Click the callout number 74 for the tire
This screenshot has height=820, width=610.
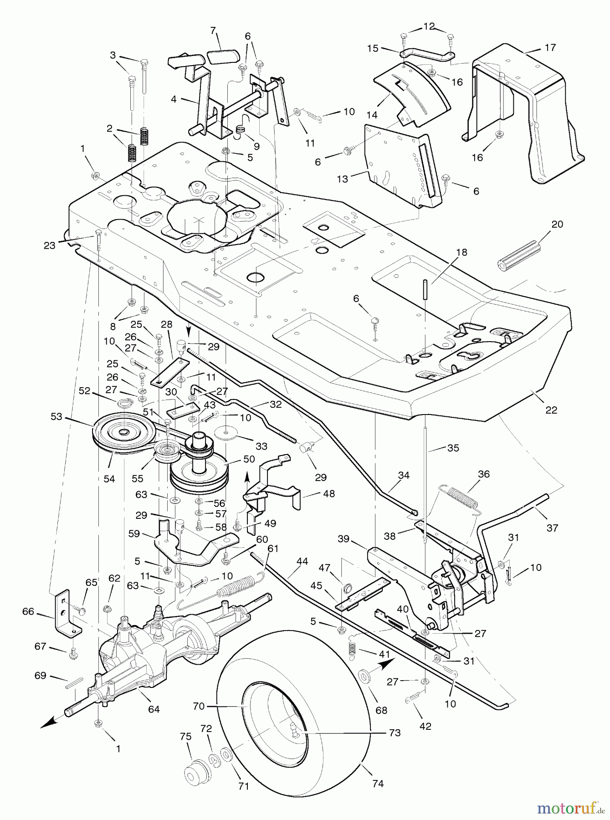point(378,784)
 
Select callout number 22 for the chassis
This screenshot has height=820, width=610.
point(551,410)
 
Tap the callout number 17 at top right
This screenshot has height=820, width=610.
point(550,47)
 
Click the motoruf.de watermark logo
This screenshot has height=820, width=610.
point(571,808)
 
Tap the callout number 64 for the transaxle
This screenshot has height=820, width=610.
point(154,709)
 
